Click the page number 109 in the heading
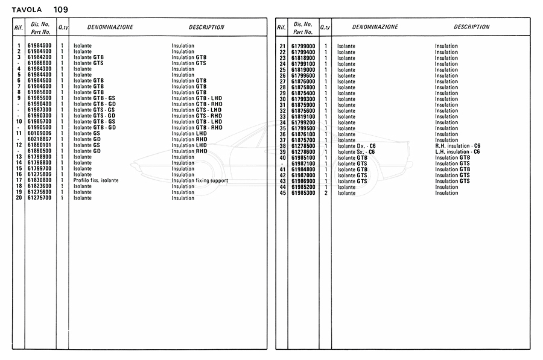(x=60, y=9)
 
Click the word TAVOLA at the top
(x=27, y=10)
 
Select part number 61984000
(x=39, y=46)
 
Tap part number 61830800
(x=39, y=180)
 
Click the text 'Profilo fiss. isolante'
(x=96, y=180)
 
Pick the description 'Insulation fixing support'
(x=200, y=180)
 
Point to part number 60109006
(x=39, y=133)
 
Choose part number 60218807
(x=39, y=139)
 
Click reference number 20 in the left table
(x=19, y=198)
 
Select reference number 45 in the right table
(x=282, y=193)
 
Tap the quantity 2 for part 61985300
(x=325, y=193)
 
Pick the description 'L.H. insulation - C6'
(x=457, y=152)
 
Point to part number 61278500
(x=303, y=146)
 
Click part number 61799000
(x=303, y=46)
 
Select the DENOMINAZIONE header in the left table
(x=110, y=27)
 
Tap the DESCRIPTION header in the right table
(x=472, y=27)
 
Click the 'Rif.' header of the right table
(x=281, y=28)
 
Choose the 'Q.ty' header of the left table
(x=63, y=28)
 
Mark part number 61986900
(x=303, y=181)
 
